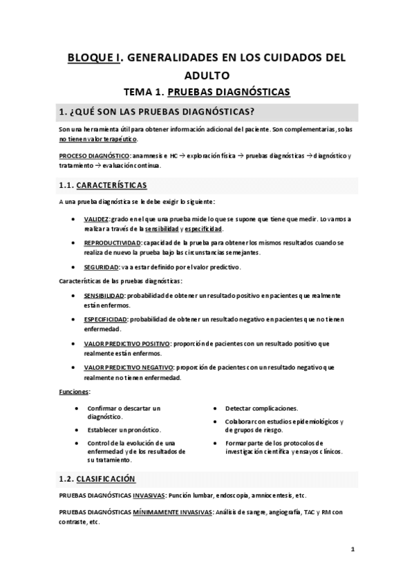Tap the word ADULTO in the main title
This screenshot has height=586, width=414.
pos(207,75)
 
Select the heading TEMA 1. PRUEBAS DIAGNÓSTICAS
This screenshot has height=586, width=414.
pos(207,91)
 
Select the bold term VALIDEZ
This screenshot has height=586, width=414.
pos(97,219)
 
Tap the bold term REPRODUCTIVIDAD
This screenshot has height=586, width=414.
pos(112,243)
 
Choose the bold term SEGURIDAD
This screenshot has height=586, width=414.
pos(100,266)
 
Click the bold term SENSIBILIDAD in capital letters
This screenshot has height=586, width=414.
pos(104,295)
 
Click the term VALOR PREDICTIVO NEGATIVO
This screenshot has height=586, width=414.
pos(127,368)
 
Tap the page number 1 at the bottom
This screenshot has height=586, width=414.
pos(352,550)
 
